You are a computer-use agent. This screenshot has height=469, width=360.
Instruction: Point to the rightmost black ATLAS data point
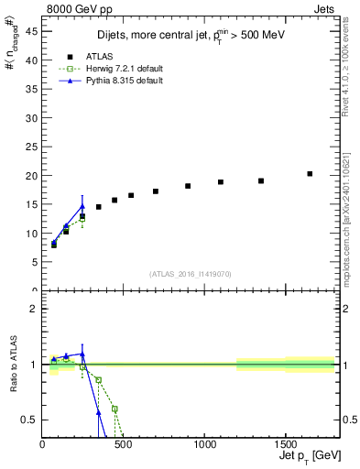[310, 173]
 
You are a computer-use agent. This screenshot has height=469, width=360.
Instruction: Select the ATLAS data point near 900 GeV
[188, 186]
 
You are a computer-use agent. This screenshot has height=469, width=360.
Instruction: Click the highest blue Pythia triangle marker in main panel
[82, 206]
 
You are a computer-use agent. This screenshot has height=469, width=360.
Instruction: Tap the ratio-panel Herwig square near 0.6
[115, 409]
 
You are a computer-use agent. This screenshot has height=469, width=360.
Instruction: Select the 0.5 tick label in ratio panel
[29, 420]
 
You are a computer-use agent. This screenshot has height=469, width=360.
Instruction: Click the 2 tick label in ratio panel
[34, 309]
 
